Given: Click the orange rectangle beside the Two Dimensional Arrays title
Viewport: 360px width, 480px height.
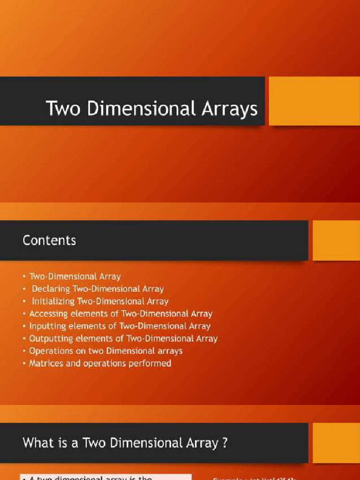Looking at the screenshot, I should (314, 101).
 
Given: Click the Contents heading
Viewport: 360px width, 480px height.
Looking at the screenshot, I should (49, 240).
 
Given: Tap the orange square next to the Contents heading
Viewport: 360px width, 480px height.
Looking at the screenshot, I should (336, 240).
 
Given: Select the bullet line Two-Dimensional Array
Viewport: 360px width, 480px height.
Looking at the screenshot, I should (75, 277).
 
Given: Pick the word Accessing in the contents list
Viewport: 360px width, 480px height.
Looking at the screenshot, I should (49, 314).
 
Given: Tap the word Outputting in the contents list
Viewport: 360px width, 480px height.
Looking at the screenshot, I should (50, 338).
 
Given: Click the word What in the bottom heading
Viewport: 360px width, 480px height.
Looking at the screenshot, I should (38, 442).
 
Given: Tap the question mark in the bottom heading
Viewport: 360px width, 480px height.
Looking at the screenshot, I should (225, 442).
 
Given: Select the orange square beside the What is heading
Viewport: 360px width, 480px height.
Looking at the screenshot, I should (336, 442).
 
